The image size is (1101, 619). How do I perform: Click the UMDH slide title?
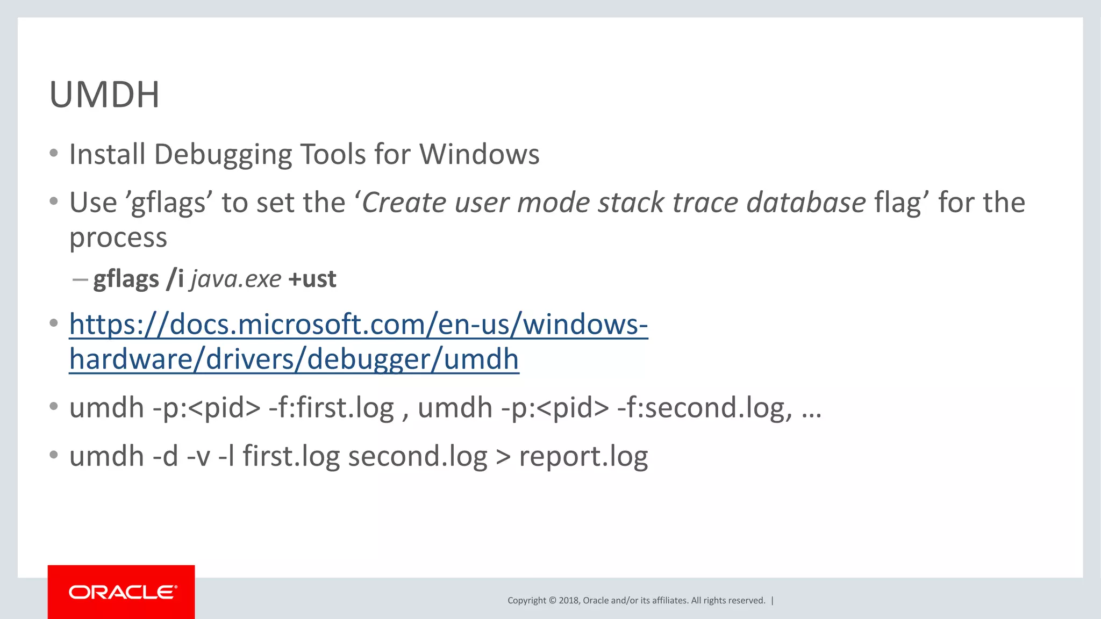(104, 95)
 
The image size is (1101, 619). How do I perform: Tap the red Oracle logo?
(121, 592)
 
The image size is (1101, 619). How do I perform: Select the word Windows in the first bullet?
(479, 155)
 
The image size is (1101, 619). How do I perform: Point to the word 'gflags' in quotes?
(169, 204)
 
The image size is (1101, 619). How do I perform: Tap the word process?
(118, 237)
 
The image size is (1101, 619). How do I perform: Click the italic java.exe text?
(236, 279)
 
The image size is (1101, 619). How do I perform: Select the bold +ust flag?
(312, 279)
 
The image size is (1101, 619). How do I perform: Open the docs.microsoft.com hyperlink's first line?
(359, 325)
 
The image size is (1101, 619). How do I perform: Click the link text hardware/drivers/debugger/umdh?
(294, 359)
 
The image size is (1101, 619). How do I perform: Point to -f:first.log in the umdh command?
(331, 408)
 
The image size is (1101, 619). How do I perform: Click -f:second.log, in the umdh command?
(704, 408)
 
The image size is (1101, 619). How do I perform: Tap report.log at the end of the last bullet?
(583, 457)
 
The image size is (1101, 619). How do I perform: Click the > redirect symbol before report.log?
(503, 457)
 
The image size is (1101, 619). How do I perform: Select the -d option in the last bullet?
(165, 457)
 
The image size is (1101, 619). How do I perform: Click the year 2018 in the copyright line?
(569, 601)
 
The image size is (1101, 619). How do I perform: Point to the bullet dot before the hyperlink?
(53, 323)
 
